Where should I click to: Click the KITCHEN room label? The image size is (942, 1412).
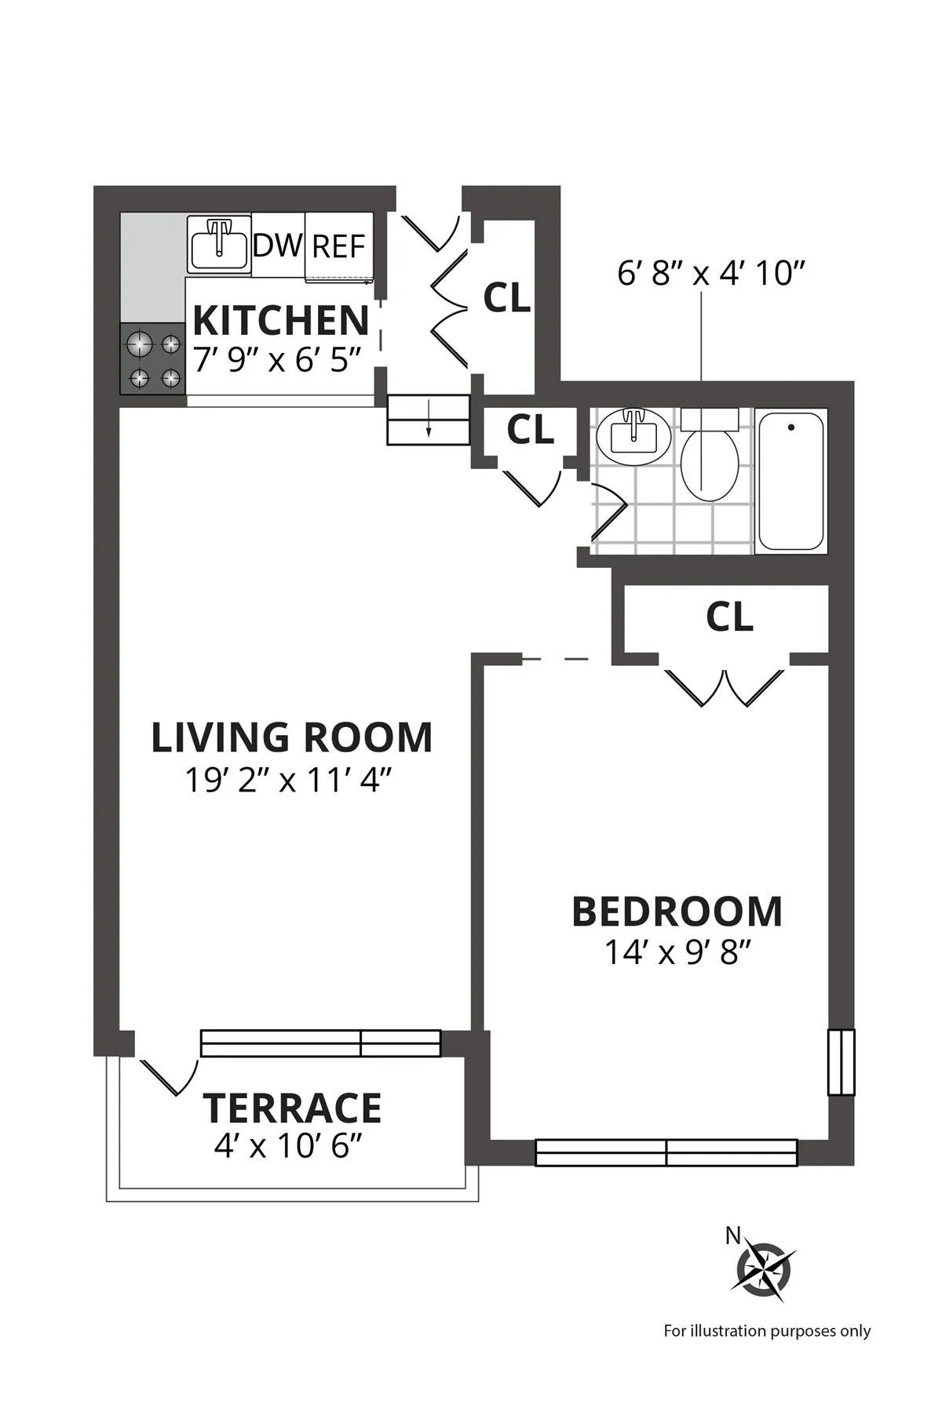coord(280,320)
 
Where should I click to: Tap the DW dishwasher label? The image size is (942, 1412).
coord(276,246)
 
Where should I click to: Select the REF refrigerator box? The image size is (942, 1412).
coord(338,246)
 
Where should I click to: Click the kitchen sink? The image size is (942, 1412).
coord(218,244)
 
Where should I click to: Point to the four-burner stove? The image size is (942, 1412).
coord(153,360)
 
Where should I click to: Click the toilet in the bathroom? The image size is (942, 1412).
coord(709,460)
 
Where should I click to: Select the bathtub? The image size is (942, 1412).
coord(790,481)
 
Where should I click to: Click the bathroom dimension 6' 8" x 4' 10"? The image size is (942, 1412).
coord(712,275)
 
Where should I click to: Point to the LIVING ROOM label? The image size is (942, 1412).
coord(291,737)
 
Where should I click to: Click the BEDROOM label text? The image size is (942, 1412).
coord(677,912)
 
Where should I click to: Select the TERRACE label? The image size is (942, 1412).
coord(292,1108)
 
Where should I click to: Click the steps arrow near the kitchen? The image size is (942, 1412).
coord(429,421)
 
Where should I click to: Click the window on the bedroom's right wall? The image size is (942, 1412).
coord(841,1061)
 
